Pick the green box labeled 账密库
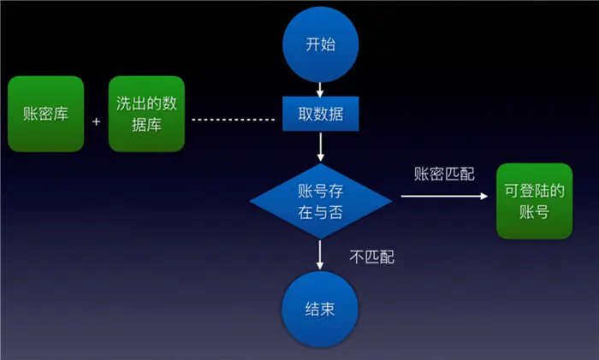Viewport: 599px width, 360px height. tap(45, 115)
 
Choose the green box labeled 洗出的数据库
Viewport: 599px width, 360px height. tap(147, 115)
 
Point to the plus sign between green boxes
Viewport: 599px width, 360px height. tap(96, 121)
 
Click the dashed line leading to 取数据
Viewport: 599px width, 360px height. tap(236, 119)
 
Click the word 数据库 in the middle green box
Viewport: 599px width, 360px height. tap(147, 125)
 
